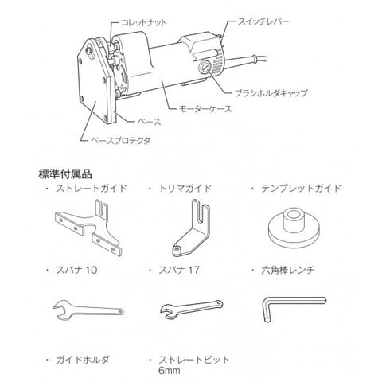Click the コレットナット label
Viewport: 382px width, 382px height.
coord(143,22)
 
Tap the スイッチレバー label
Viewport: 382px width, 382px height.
coord(263,21)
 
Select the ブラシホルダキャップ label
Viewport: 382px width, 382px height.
coord(271,92)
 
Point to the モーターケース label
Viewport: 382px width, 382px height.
coord(205,109)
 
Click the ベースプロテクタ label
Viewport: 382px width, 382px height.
coord(121,140)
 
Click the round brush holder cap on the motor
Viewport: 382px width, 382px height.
coord(205,66)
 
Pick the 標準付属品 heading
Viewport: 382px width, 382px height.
coord(65,174)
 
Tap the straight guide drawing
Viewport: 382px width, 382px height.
coord(88,228)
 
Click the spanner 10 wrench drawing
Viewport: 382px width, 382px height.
coord(88,310)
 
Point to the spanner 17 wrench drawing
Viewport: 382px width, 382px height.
coord(192,309)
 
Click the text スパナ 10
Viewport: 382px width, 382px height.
coord(76,270)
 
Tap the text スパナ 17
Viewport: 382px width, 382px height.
coord(179,270)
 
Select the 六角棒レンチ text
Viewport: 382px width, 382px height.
coord(288,270)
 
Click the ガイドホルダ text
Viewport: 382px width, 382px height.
coord(82,360)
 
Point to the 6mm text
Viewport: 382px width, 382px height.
coord(170,370)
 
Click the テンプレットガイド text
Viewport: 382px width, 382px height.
coord(301,188)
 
